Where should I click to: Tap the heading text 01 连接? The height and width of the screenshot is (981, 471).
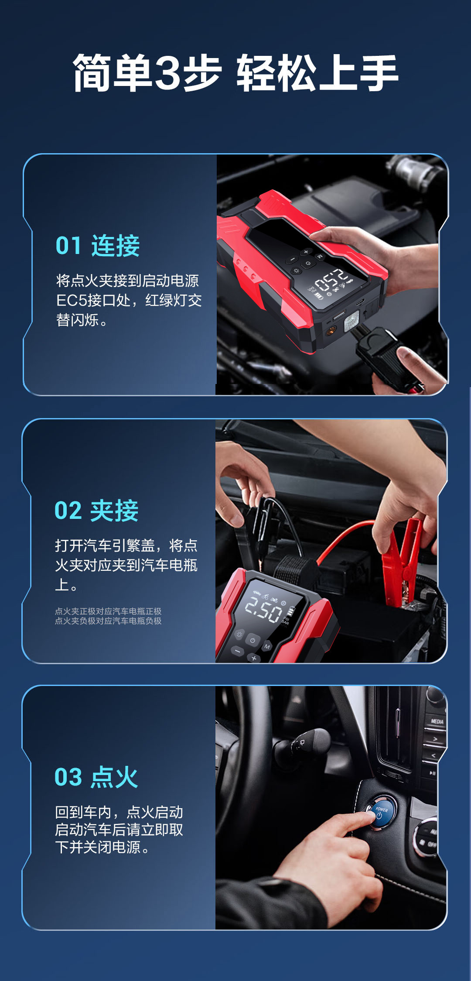(x=98, y=246)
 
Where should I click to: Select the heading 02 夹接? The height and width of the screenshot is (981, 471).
(x=96, y=511)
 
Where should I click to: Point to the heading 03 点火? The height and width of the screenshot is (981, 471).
(x=96, y=777)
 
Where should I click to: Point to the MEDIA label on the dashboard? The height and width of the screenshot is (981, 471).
(x=437, y=721)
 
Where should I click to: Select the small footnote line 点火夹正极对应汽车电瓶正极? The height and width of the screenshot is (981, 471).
(x=108, y=611)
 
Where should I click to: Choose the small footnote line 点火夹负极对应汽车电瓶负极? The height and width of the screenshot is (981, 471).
(x=108, y=621)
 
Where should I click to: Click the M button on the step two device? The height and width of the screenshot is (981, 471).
(x=267, y=647)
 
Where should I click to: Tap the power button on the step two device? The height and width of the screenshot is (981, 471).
(x=253, y=640)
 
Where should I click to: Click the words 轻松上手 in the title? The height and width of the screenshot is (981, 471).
(x=317, y=73)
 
